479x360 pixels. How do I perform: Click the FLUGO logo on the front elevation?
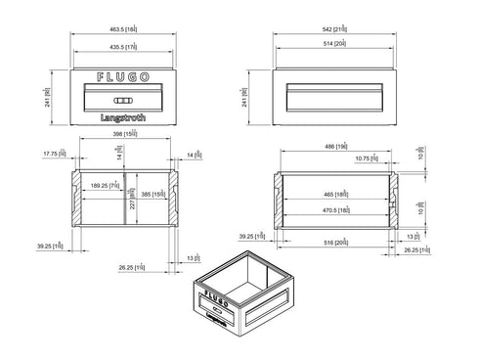(124, 75)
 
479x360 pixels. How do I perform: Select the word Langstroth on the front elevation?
(124, 118)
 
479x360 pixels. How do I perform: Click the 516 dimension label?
(336, 242)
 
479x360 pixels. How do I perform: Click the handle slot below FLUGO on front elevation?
(124, 101)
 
